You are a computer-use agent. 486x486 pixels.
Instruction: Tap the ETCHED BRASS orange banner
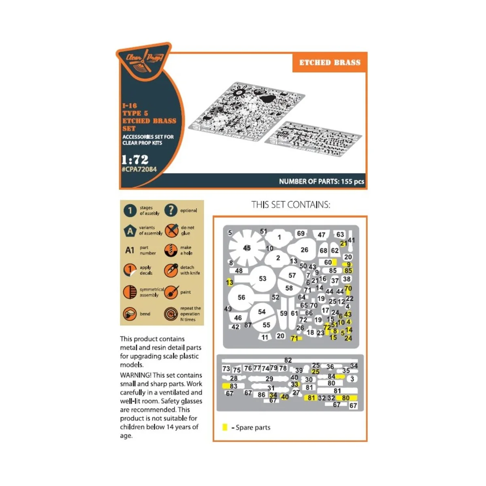click(x=330, y=63)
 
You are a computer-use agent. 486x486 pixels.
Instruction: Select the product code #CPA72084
click(x=139, y=169)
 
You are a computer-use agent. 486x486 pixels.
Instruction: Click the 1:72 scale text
click(x=135, y=159)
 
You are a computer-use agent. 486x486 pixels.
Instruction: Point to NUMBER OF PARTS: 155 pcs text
click(x=322, y=181)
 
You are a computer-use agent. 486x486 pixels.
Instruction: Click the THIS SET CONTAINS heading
click(x=290, y=205)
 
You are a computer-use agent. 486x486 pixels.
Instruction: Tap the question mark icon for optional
click(x=171, y=210)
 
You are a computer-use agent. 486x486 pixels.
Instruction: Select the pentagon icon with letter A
click(x=130, y=231)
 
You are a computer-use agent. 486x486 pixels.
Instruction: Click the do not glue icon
click(x=171, y=231)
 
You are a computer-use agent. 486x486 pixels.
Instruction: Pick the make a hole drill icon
click(x=171, y=250)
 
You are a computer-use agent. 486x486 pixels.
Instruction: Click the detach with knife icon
click(x=171, y=271)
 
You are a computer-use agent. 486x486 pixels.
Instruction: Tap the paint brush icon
click(x=171, y=292)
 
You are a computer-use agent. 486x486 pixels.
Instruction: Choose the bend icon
click(x=130, y=314)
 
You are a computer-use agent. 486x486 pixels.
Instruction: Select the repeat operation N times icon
click(x=171, y=314)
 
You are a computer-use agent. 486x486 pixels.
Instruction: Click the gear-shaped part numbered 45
click(x=247, y=247)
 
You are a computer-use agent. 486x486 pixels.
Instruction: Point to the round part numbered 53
click(x=262, y=279)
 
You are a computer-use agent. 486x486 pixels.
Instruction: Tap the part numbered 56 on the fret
click(x=241, y=298)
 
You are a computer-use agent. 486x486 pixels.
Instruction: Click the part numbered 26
click(x=304, y=250)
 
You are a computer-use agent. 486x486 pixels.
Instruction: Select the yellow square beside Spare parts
click(x=225, y=427)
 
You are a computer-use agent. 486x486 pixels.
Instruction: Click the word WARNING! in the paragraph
click(x=135, y=375)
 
